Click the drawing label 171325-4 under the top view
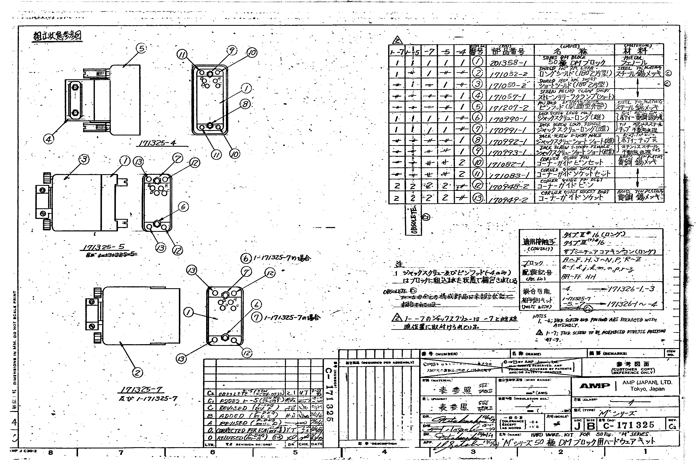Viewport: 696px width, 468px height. point(157,143)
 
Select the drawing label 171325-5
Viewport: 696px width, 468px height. point(104,247)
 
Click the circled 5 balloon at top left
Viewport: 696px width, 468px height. point(142,48)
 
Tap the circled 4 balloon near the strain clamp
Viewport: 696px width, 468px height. point(49,139)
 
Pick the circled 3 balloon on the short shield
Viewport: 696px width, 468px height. point(84,159)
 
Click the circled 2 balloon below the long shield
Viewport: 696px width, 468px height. point(137,372)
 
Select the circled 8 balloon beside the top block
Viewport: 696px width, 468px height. point(245,104)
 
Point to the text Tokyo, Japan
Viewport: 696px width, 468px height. point(647,389)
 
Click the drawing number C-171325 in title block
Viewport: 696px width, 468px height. point(628,425)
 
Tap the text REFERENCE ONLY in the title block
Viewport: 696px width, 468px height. point(633,372)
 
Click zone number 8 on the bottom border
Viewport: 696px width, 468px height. point(51,452)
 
